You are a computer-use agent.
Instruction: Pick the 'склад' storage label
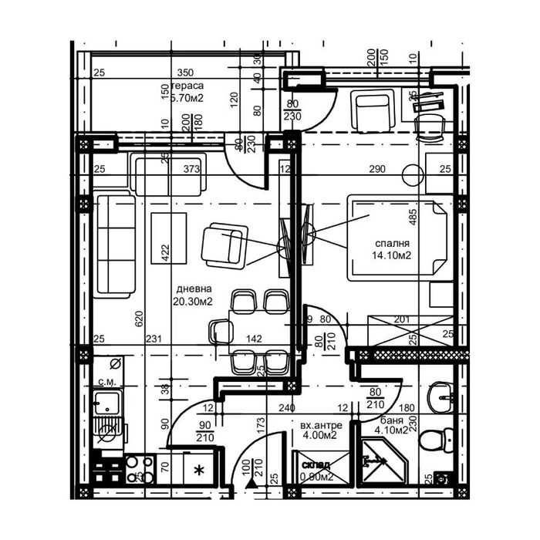pos(316,465)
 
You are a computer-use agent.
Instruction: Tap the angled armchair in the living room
pos(224,246)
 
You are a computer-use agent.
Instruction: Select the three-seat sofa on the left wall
pos(114,245)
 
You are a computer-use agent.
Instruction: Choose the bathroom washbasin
pos(440,397)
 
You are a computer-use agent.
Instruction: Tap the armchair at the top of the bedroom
pos(373,110)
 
